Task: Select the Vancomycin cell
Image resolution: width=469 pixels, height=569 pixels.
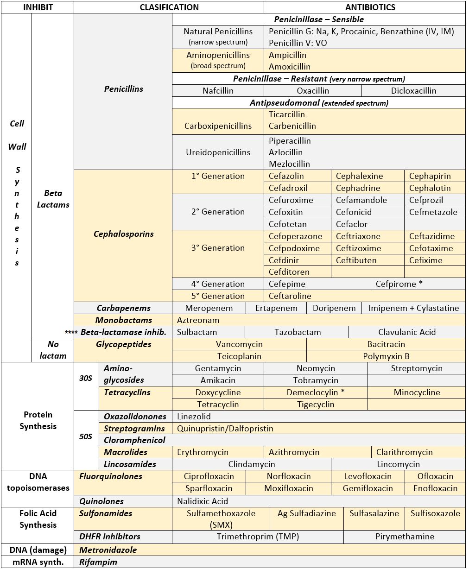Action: coord(239,344)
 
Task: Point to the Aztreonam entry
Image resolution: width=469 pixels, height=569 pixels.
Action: coord(198,320)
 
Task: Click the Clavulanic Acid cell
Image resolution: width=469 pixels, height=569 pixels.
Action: coord(407,332)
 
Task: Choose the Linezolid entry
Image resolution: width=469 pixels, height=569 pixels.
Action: coord(194,417)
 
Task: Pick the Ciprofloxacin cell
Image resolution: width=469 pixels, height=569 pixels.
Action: coord(209,476)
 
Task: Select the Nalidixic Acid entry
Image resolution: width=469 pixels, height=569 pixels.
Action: coord(203,501)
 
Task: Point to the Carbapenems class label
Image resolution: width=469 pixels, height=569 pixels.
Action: coord(123,308)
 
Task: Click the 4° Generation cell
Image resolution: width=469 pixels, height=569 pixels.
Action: coord(218,284)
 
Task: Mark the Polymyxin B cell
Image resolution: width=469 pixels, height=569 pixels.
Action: coord(386,356)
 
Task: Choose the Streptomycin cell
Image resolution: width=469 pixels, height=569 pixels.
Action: coord(416,368)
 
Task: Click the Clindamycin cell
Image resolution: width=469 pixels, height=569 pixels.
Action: coord(252,464)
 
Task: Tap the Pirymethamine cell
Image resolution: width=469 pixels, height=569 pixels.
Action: coord(405,537)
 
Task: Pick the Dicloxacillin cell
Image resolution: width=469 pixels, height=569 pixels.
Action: coord(413,91)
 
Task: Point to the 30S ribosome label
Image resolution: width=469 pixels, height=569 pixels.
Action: coord(86,378)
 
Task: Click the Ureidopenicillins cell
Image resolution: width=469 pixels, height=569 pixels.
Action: coord(217,152)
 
